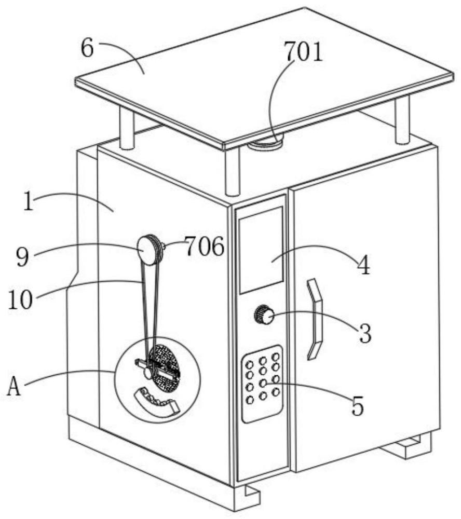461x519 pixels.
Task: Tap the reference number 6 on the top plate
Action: point(87,49)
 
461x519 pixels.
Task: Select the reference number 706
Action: point(205,246)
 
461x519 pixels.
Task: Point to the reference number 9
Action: point(22,257)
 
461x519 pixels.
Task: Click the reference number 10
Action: point(20,299)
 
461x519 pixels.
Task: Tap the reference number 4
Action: point(363,265)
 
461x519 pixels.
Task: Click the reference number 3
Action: point(365,333)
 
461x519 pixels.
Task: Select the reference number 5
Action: point(357,406)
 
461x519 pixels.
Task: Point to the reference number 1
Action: point(29,201)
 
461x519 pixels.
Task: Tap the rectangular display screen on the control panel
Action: point(261,250)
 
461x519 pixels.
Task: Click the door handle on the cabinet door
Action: point(314,319)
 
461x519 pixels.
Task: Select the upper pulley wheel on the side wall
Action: point(150,250)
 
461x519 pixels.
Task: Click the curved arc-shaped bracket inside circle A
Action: point(156,401)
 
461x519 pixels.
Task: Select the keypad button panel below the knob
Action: point(263,384)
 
